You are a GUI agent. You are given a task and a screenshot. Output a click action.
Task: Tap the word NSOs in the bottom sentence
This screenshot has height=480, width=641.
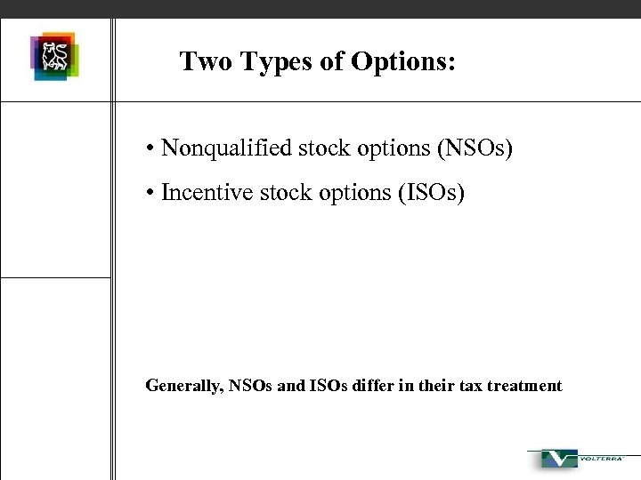[x=253, y=386]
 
